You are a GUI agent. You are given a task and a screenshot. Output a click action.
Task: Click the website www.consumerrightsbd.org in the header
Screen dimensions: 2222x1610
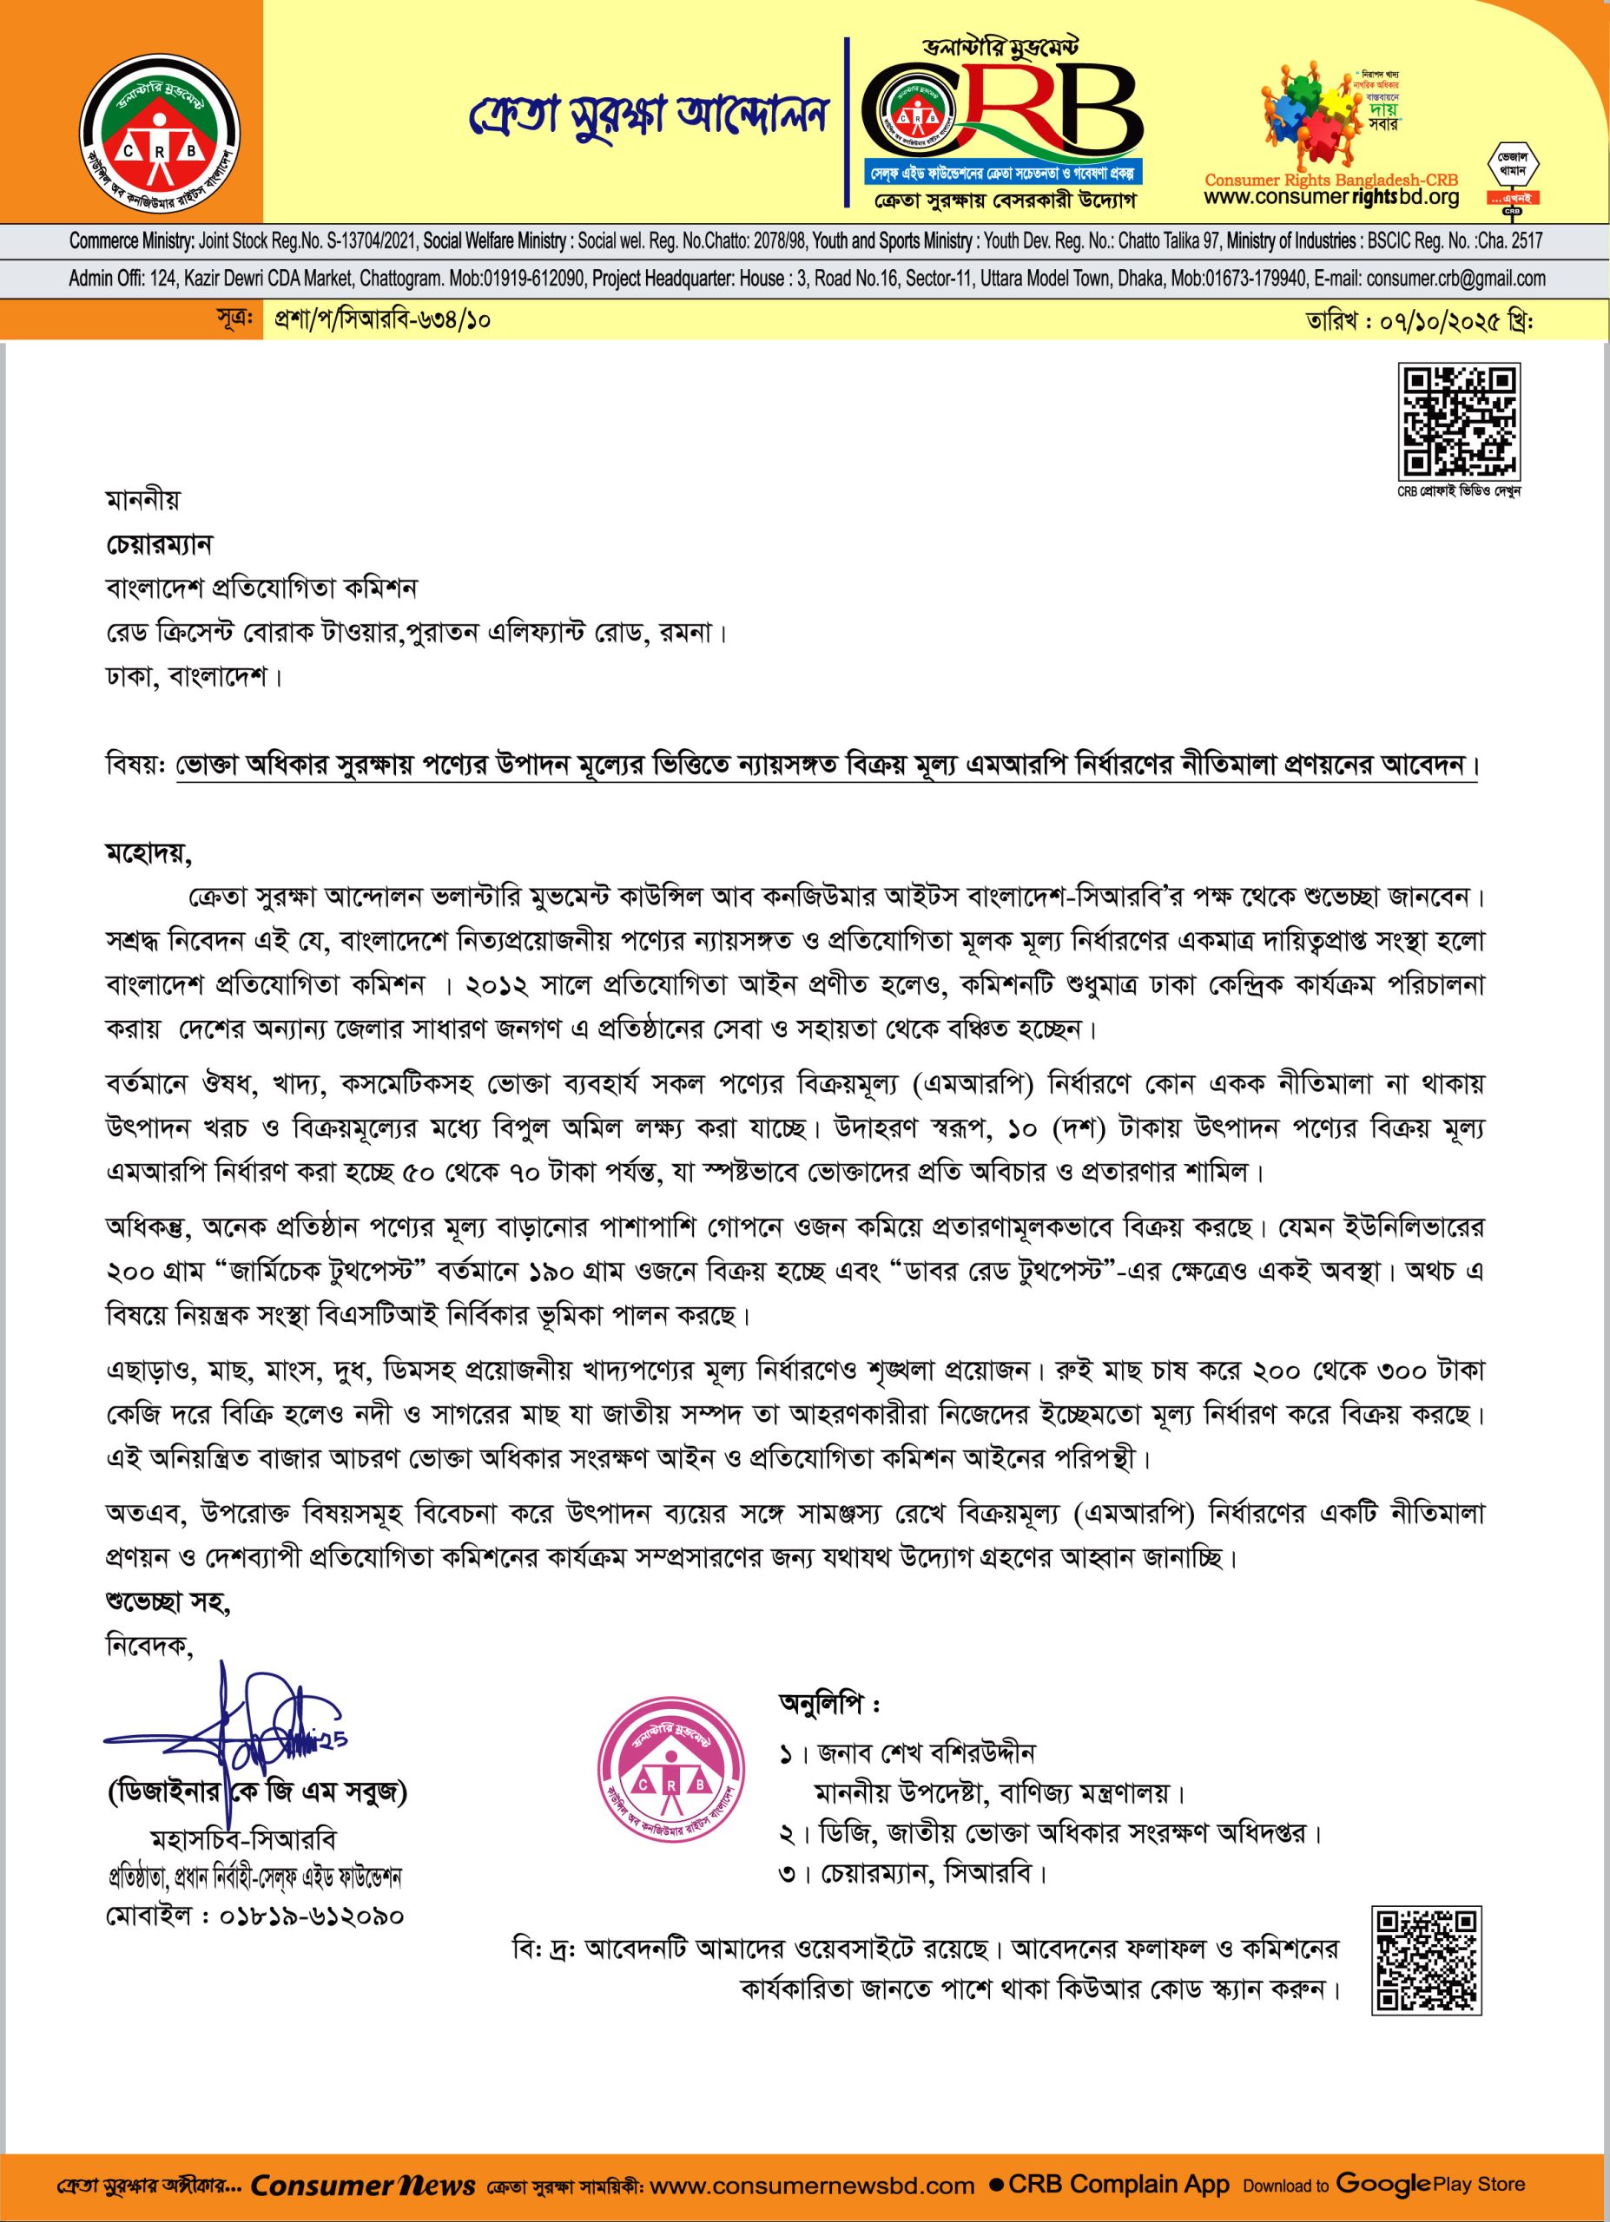1330,198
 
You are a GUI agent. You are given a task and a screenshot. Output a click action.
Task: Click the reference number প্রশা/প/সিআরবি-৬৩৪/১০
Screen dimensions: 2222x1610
382,320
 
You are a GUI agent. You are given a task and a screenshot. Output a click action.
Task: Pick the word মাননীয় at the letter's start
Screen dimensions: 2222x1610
143,500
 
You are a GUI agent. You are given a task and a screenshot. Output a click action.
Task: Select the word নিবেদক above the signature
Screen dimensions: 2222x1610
149,1646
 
